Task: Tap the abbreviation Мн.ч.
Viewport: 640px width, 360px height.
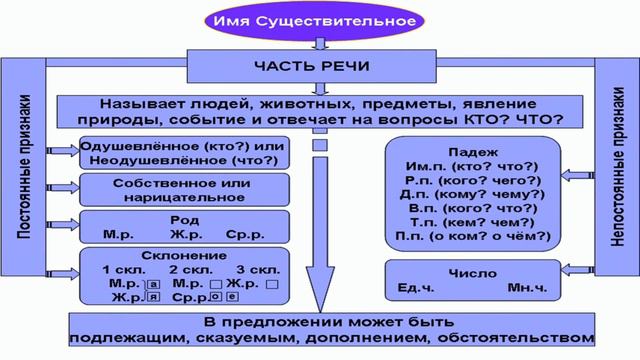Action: click(527, 287)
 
